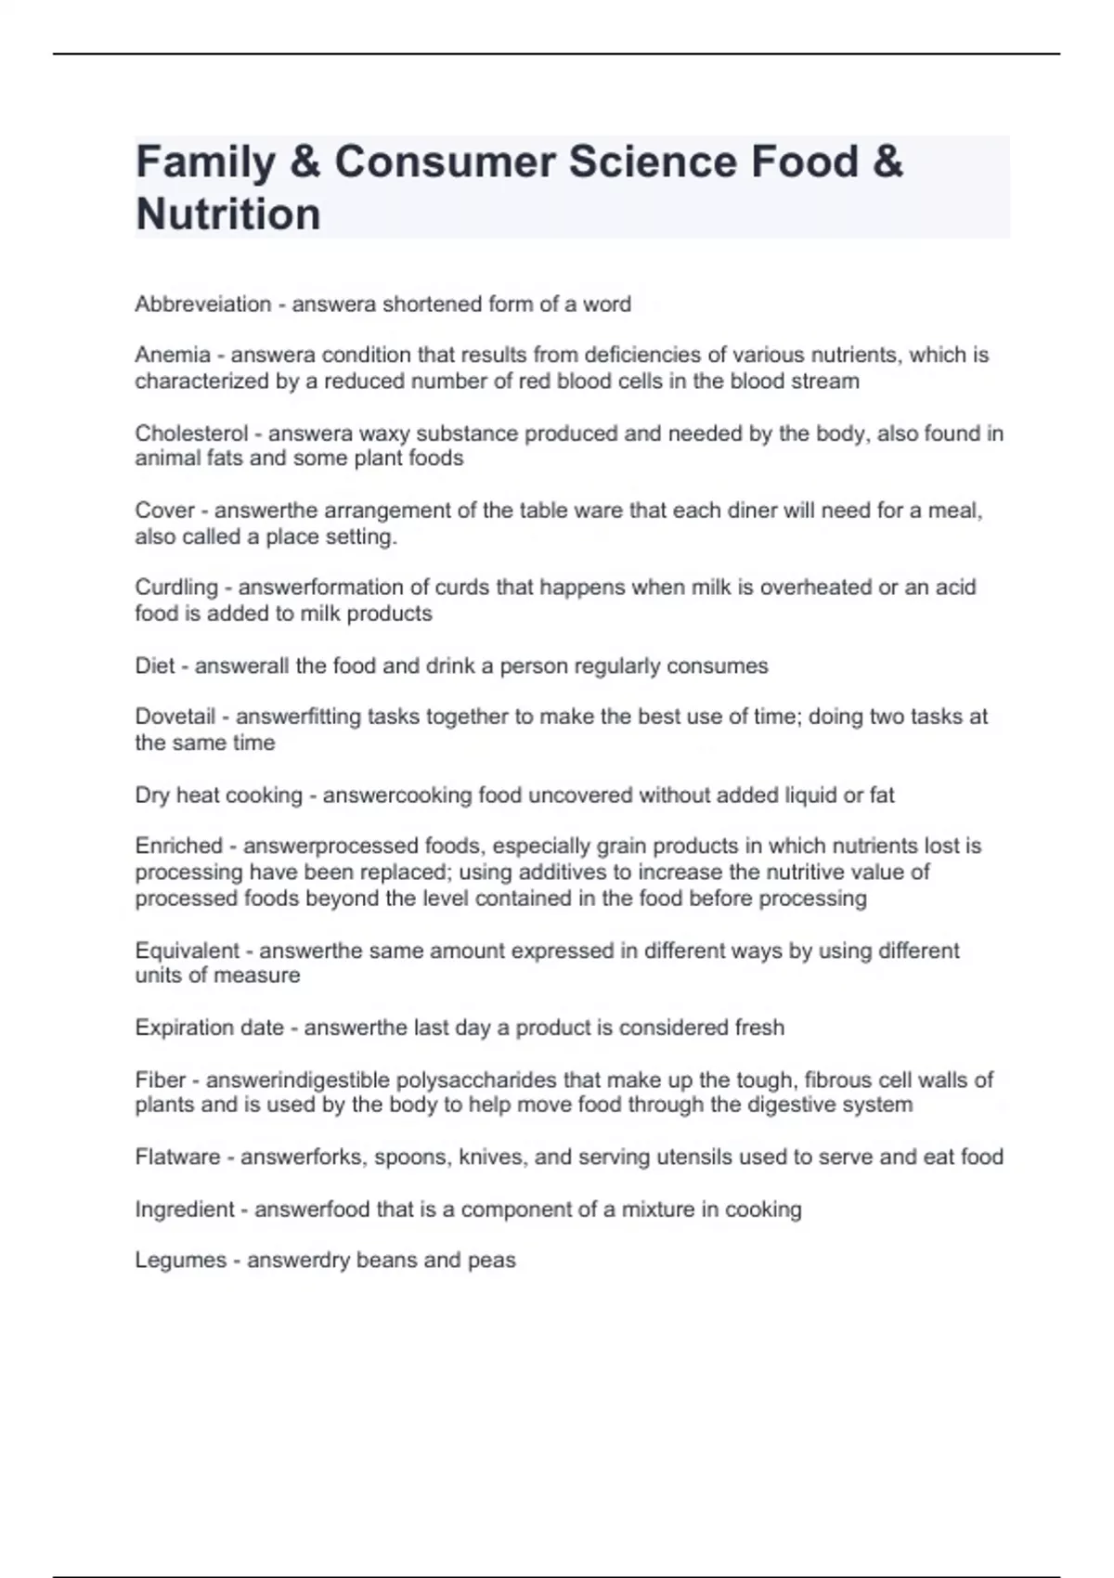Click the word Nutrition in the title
click(x=228, y=213)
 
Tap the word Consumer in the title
click(x=445, y=162)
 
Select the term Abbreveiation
click(x=203, y=304)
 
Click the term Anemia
click(x=173, y=355)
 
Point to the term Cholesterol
click(x=191, y=433)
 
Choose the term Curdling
click(x=176, y=588)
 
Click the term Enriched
click(x=179, y=846)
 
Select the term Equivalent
click(x=188, y=951)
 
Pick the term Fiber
click(x=161, y=1080)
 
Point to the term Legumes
click(x=181, y=1260)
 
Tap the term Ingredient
click(x=185, y=1209)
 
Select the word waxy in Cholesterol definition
click(x=382, y=433)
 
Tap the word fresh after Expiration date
click(x=759, y=1028)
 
